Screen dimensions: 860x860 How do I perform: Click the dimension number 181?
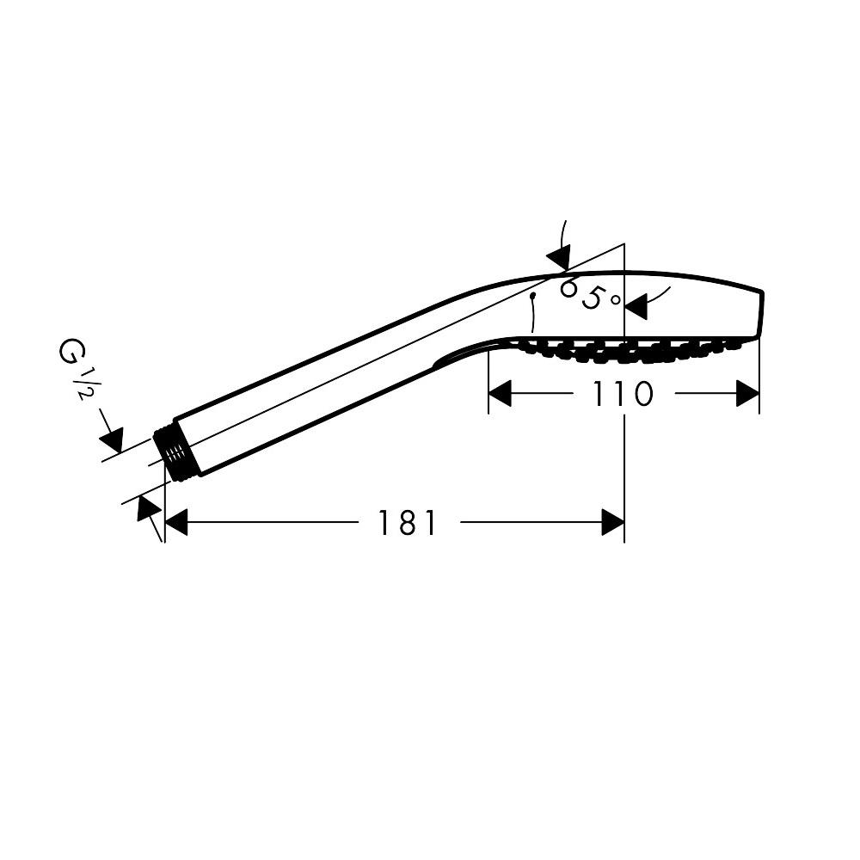click(408, 522)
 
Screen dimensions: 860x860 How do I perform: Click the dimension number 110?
click(622, 393)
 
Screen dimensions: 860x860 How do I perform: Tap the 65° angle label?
click(590, 294)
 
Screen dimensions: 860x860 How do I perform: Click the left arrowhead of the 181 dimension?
click(176, 522)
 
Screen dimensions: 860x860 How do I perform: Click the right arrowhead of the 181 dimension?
click(612, 522)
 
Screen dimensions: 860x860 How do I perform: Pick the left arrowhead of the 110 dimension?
click(500, 393)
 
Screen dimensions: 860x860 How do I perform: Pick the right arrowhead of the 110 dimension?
click(747, 393)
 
